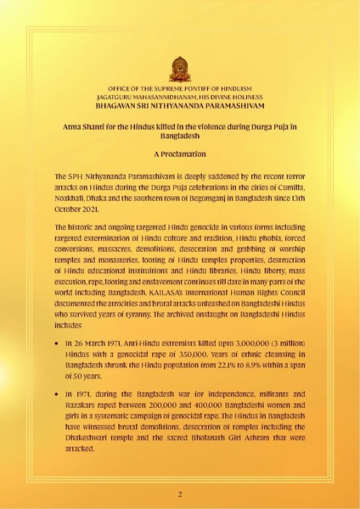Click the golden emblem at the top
pos(180,68)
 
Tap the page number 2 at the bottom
pos(180,493)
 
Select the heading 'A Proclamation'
pos(180,156)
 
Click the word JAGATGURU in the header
pos(128,98)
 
